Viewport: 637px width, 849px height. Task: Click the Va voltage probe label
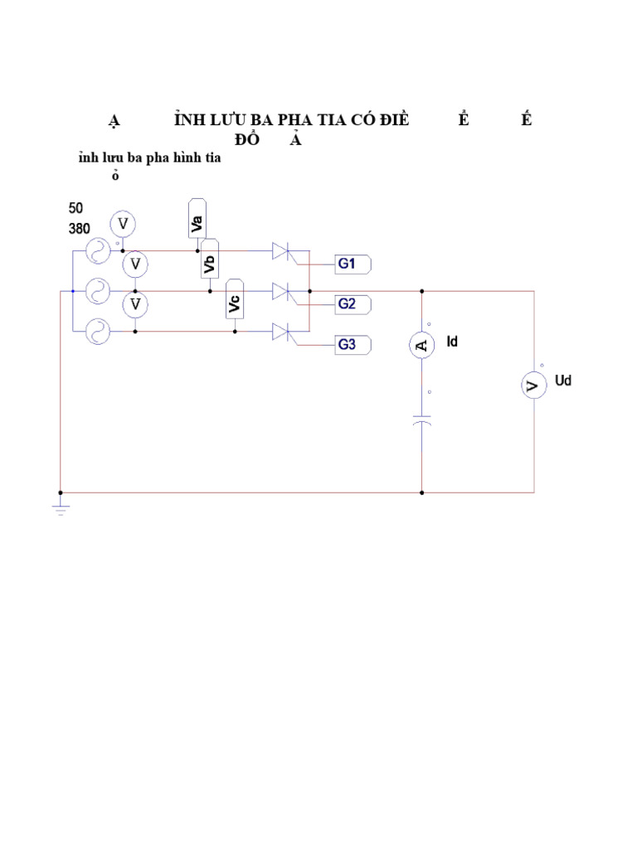[197, 218]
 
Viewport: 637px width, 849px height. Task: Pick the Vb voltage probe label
[210, 259]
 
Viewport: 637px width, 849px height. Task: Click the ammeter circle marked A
[422, 346]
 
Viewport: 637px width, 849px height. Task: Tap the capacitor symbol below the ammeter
[422, 422]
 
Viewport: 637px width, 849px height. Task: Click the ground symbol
[61, 507]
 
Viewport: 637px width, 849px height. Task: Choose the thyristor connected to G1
[284, 251]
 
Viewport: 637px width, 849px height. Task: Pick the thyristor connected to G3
[284, 332]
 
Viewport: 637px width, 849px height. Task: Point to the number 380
[80, 226]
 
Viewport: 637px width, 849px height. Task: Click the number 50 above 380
[75, 209]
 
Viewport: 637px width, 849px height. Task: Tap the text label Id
[453, 340]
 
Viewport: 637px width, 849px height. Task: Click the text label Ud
[563, 381]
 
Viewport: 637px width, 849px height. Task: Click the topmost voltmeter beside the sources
[123, 224]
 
